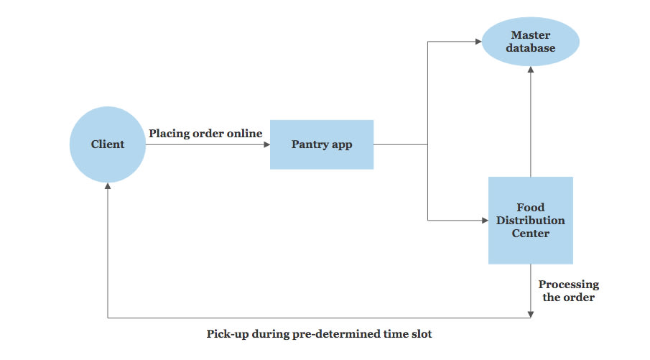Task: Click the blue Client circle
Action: [x=107, y=144]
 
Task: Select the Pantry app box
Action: [x=321, y=144]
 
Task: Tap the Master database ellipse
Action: [x=530, y=42]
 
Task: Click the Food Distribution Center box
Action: [x=530, y=220]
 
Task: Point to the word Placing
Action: [x=169, y=134]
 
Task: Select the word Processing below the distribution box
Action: [x=569, y=285]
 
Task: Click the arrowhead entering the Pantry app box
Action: [x=266, y=144]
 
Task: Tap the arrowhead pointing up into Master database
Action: [x=530, y=69]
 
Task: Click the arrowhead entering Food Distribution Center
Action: [x=484, y=220]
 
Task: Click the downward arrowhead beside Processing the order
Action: [x=530, y=313]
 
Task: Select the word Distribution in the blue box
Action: [x=530, y=220]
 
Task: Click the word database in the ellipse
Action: [x=530, y=48]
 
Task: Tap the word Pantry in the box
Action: [x=308, y=144]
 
